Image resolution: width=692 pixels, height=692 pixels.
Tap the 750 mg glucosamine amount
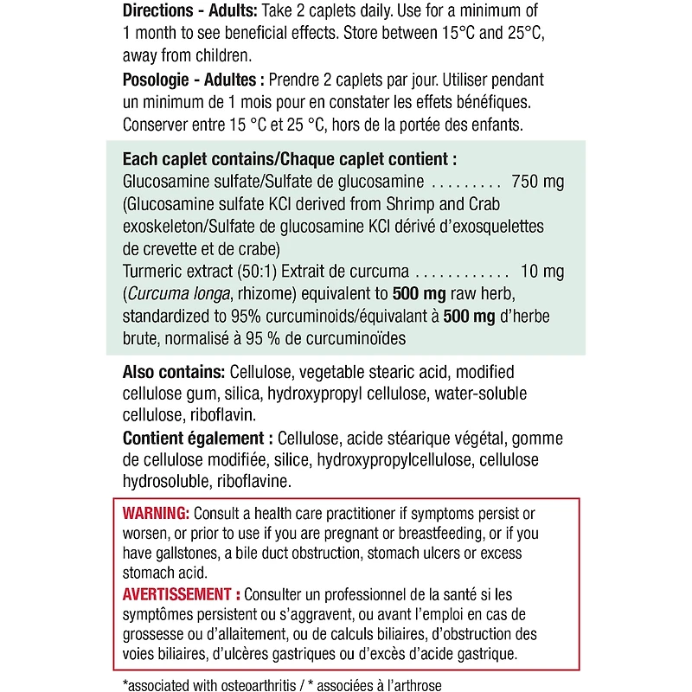coord(538,183)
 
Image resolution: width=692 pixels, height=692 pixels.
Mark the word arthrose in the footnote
coord(414,685)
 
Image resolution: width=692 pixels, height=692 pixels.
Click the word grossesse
coord(153,636)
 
